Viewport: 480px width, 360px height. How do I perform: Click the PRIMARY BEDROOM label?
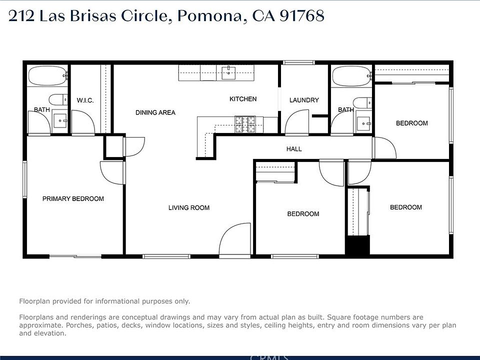point(73,198)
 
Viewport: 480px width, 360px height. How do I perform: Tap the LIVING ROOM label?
point(189,208)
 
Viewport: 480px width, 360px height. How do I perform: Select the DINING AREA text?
point(155,112)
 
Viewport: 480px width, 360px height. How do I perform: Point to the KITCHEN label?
point(243,99)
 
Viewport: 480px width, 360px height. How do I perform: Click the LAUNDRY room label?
point(304,100)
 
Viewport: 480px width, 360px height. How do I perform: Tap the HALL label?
point(294,149)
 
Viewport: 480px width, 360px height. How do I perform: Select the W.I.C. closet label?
point(85,100)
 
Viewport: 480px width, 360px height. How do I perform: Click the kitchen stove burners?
point(245,124)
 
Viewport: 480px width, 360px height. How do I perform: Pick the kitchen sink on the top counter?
point(228,72)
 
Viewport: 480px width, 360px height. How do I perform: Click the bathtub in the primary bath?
point(47,75)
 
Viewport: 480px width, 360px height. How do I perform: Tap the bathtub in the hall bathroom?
point(351,76)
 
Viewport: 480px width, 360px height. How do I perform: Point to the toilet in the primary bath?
point(58,99)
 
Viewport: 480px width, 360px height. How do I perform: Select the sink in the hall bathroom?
point(363,123)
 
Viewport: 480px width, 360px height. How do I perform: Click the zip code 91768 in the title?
point(302,16)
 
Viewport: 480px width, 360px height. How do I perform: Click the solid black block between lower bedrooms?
point(358,245)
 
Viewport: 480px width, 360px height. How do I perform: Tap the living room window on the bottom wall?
point(166,256)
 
